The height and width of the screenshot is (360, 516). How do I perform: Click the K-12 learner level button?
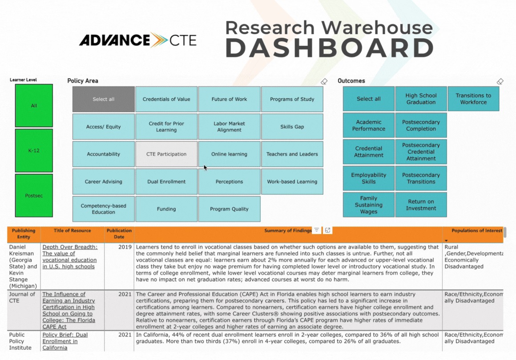click(x=34, y=151)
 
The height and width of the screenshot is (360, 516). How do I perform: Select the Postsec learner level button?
click(x=34, y=196)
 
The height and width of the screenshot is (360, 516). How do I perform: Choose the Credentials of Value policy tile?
click(x=166, y=99)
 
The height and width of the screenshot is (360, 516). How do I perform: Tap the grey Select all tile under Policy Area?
click(x=103, y=99)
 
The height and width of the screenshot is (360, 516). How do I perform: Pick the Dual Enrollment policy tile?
click(x=166, y=181)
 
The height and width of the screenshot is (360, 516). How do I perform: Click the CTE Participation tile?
click(x=166, y=154)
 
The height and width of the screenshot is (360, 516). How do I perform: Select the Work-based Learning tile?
click(x=292, y=181)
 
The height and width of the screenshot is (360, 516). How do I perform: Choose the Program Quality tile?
click(x=229, y=209)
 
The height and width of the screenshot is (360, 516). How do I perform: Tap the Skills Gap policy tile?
click(x=292, y=127)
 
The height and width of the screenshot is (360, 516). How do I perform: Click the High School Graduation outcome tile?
click(x=421, y=99)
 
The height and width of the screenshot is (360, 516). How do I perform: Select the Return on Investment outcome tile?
click(x=421, y=205)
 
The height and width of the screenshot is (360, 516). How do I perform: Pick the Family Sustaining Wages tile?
click(x=369, y=205)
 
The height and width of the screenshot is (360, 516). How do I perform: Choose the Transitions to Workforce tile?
click(x=473, y=99)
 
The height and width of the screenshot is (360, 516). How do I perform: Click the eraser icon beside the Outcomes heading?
click(x=500, y=81)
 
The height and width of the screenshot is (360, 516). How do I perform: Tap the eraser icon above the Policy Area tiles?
click(x=324, y=81)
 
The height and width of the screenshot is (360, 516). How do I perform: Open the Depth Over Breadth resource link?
click(x=70, y=257)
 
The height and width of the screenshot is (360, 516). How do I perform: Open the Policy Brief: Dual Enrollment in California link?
click(x=65, y=341)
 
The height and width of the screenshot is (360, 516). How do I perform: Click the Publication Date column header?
click(x=119, y=234)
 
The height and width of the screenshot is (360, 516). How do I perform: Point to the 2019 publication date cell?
click(x=125, y=247)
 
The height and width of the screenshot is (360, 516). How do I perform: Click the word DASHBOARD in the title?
click(x=330, y=48)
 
